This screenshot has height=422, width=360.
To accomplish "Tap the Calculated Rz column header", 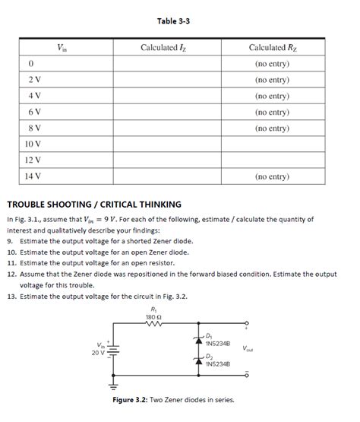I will pyautogui.click(x=271, y=48).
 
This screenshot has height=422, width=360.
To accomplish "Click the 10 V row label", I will pyautogui.click(x=33, y=144).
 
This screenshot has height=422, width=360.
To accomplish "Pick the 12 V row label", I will pyautogui.click(x=33, y=160).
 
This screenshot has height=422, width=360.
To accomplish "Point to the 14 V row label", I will pyautogui.click(x=33, y=176).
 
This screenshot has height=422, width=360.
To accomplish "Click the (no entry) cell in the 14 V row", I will pyautogui.click(x=272, y=176).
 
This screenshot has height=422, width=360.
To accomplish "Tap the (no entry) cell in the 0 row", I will pyautogui.click(x=272, y=64).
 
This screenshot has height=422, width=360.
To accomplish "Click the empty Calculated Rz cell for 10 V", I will pyautogui.click(x=272, y=144).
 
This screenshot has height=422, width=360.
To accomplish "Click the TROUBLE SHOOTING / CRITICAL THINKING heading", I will pyautogui.click(x=93, y=204).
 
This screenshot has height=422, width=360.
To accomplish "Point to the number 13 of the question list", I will pyautogui.click(x=11, y=296).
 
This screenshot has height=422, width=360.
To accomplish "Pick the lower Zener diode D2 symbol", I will pyautogui.click(x=199, y=360).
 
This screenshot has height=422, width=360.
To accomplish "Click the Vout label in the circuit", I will pyautogui.click(x=248, y=350).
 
